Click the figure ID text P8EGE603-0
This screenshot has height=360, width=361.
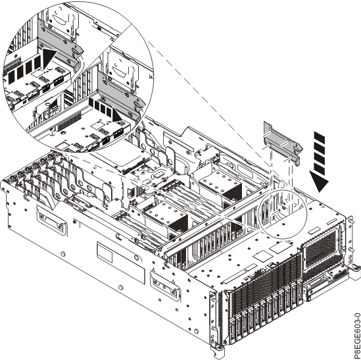(356, 335)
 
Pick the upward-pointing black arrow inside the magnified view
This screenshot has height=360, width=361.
(49, 59)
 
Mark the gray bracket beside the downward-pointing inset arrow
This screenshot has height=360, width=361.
(121, 97)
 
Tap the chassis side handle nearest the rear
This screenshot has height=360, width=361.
(51, 220)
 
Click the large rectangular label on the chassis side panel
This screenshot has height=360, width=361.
(121, 263)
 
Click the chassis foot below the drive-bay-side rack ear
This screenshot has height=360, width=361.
(218, 353)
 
